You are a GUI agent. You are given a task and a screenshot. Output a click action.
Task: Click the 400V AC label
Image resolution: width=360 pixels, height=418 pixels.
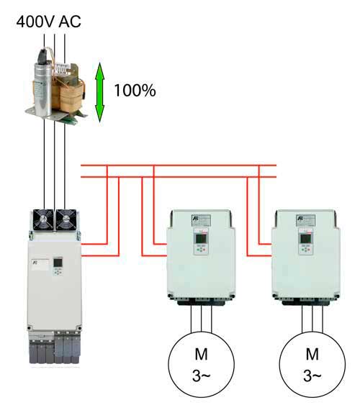pos(48,22)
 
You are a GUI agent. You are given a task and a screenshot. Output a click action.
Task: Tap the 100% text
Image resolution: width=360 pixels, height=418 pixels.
pos(135,91)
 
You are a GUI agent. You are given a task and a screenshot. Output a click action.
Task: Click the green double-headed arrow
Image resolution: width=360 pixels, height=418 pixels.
pos(100,92)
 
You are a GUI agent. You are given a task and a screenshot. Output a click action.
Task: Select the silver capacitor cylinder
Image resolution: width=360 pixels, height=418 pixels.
pos(42,85)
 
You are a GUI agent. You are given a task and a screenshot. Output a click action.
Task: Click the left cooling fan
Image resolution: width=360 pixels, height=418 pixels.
pos(43,219)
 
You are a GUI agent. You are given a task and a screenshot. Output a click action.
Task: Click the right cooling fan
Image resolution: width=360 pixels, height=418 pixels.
pos(66,219)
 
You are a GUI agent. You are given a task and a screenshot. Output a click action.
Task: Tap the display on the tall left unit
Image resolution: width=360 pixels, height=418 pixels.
pos(58,263)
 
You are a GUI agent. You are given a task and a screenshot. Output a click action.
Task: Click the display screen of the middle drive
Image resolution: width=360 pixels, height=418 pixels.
pos(201,239)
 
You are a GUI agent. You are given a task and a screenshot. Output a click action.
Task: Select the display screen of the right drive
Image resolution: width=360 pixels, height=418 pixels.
pos(305,239)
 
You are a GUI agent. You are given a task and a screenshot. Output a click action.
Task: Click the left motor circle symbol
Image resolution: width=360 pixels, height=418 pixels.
pos(201,365)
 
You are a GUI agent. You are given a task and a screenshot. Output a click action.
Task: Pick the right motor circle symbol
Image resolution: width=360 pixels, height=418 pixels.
pos(312,365)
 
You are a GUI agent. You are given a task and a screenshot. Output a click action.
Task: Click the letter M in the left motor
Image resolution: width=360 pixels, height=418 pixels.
pos(201,354)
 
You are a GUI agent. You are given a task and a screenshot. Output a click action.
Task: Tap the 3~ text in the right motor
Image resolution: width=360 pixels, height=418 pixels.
pos(312,376)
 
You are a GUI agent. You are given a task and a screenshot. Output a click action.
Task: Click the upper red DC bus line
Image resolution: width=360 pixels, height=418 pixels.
pos(179,165)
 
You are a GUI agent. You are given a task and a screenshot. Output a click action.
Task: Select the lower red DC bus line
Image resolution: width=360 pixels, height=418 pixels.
pos(179,177)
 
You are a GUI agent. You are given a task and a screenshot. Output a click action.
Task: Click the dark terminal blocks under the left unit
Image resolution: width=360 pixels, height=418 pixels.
pos(55,348)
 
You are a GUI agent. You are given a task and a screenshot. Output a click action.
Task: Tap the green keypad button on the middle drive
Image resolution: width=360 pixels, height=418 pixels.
pos(197,250)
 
